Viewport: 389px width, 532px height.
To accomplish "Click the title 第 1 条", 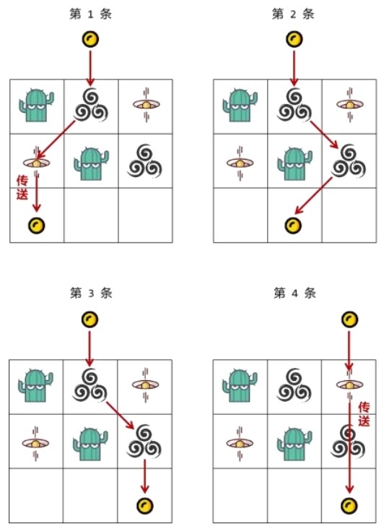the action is [x=90, y=14].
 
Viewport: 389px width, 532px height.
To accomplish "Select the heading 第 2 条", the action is [x=293, y=14].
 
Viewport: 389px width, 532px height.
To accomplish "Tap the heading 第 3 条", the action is [x=91, y=293].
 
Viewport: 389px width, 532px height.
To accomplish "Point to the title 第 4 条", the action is [x=294, y=293].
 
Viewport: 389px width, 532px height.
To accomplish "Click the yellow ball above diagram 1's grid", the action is [x=90, y=39].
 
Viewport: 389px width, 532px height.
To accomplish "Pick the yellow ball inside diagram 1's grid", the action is [x=36, y=226].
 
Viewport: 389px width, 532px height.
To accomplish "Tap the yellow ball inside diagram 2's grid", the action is [x=293, y=226].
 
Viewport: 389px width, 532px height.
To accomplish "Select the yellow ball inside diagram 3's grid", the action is [x=144, y=505].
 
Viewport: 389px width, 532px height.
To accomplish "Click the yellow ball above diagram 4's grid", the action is [x=349, y=319].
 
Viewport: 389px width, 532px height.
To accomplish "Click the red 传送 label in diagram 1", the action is [x=22, y=187].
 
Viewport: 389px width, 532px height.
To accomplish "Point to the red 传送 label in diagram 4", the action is [x=364, y=414].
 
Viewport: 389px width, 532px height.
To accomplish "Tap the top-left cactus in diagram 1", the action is [x=37, y=105].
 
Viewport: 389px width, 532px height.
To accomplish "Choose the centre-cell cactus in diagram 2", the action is [x=294, y=163].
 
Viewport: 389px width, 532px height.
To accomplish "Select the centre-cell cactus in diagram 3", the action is [x=90, y=443].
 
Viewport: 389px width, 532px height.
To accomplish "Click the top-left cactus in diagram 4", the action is [x=240, y=385].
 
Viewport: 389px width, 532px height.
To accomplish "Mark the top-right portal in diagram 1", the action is [x=146, y=105].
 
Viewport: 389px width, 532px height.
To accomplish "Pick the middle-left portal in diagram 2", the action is [x=240, y=163].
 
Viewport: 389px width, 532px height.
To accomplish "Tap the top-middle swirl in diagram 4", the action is [x=294, y=385].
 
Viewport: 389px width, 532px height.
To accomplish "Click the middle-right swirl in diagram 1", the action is [x=144, y=161].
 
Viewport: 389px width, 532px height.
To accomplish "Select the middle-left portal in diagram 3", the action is [x=35, y=443].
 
